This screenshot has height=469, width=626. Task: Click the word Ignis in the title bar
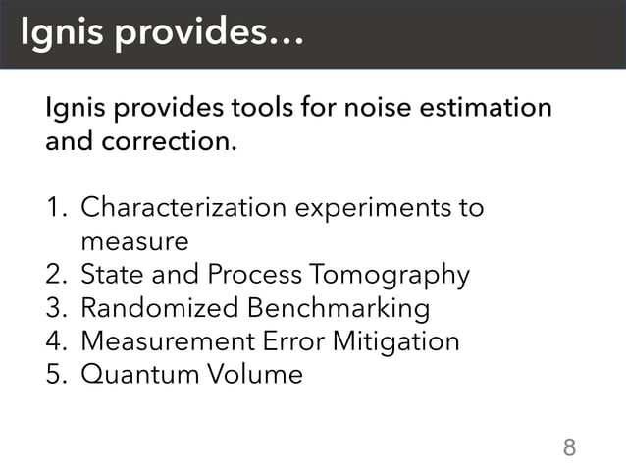[61, 34]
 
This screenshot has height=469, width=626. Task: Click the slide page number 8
[568, 448]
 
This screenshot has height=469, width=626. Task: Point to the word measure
[133, 241]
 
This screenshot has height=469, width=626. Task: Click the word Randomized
[159, 308]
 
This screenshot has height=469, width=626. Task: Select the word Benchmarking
[339, 309]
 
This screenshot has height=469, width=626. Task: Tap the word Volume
[249, 375]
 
